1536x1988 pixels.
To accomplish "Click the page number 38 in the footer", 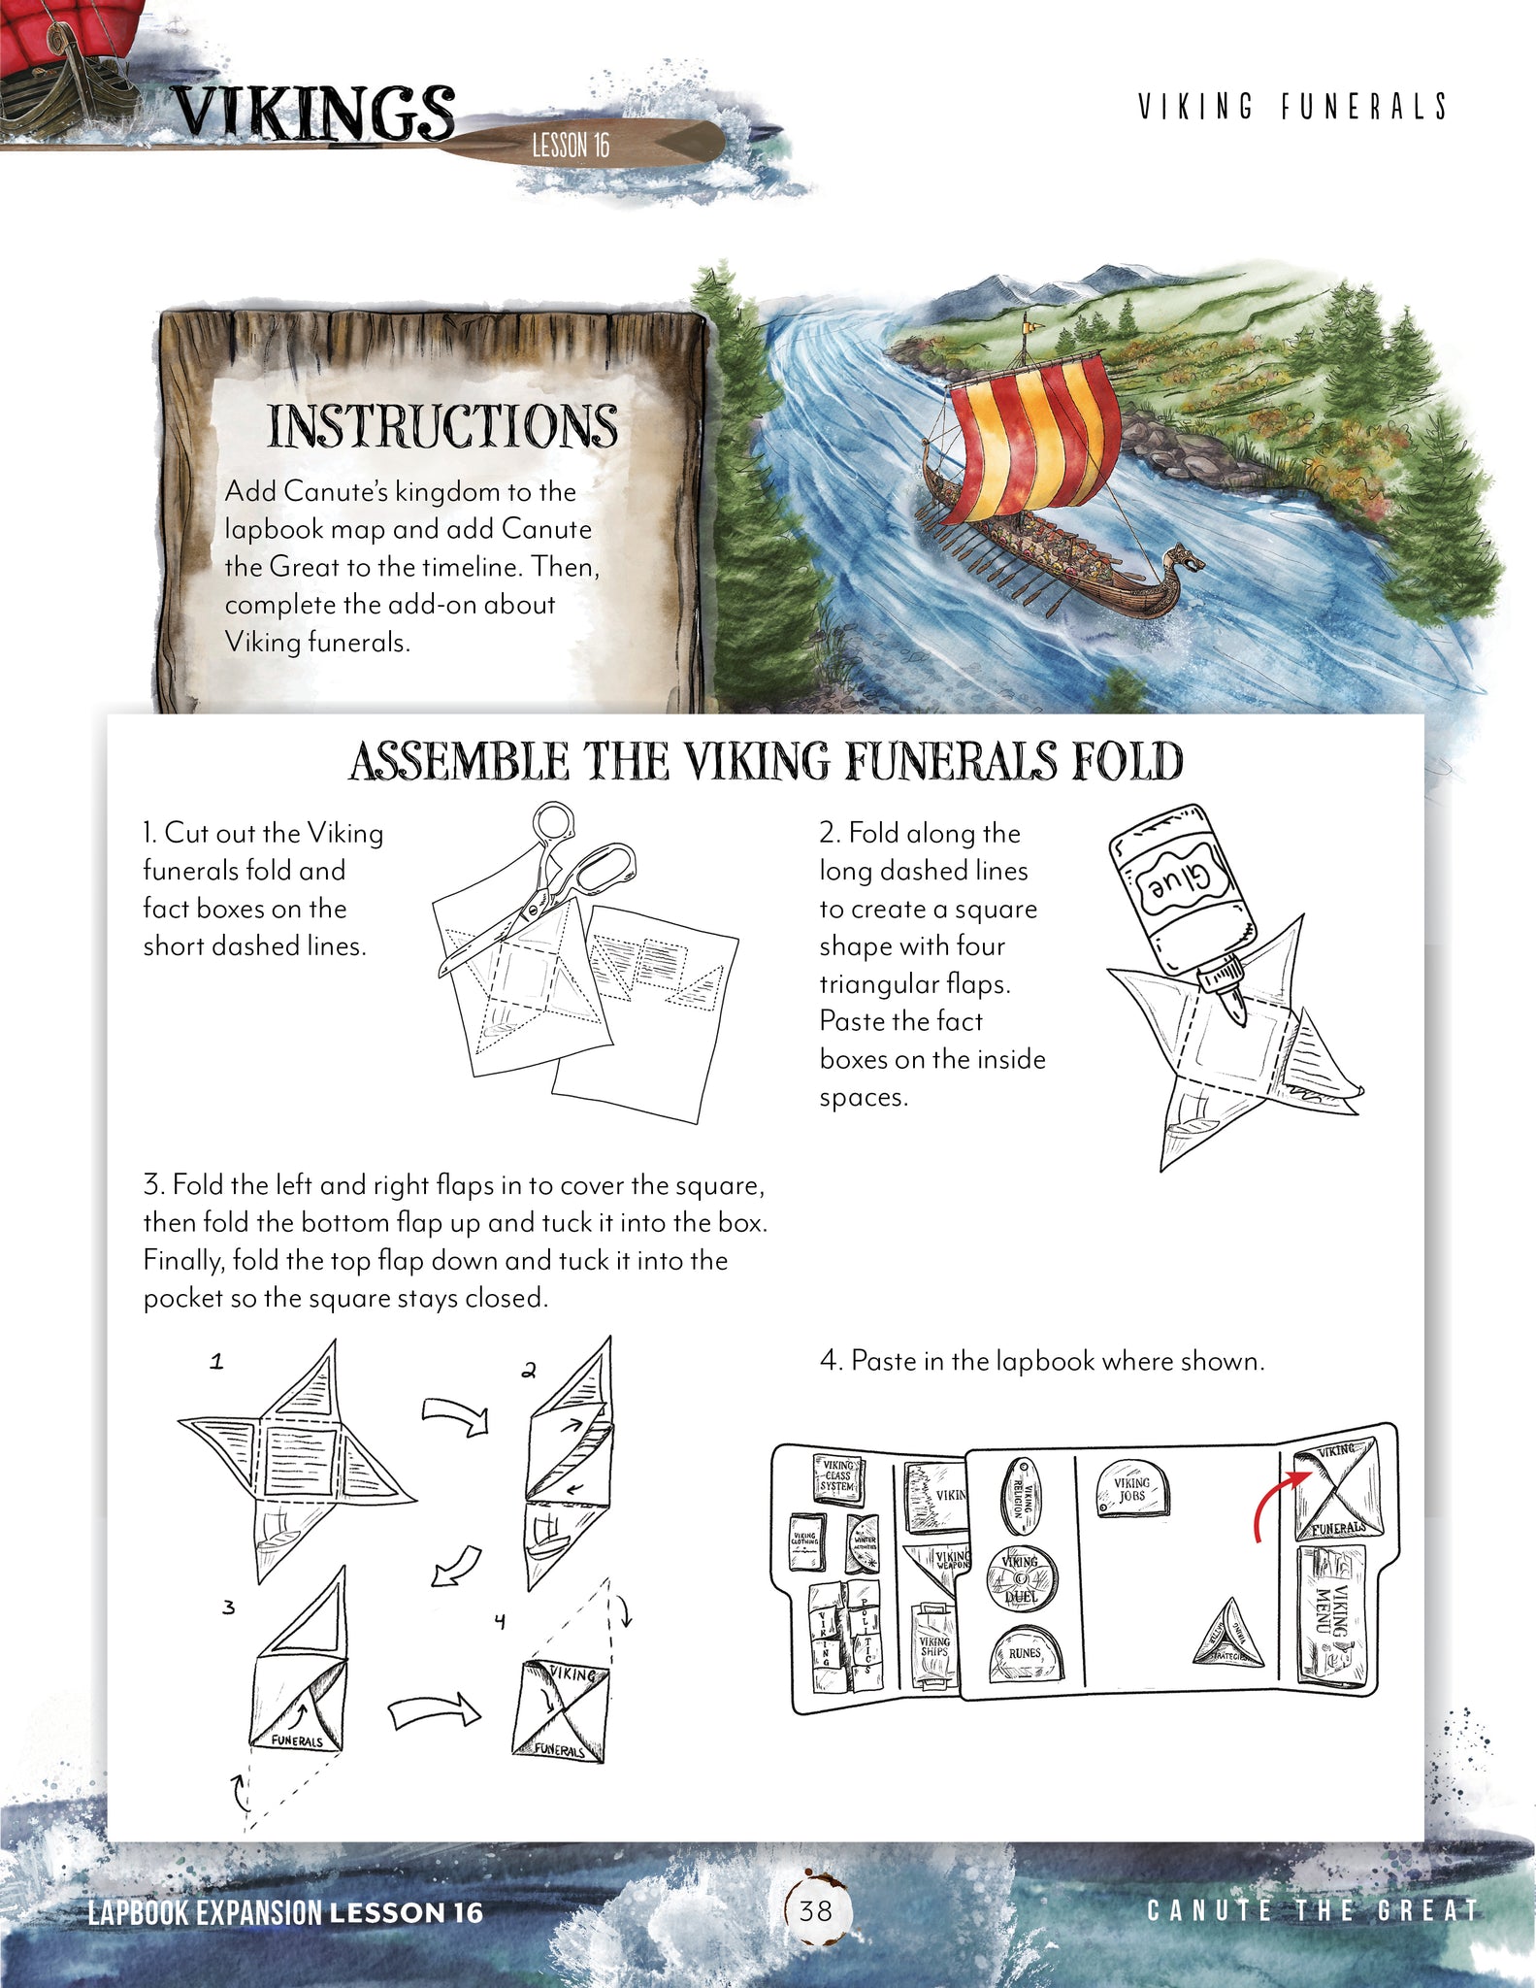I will click(x=815, y=1910).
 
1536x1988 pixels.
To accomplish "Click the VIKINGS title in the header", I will click(x=312, y=115).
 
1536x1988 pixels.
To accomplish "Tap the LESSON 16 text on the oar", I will click(x=571, y=146).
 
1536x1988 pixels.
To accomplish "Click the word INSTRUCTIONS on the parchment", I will click(x=442, y=426).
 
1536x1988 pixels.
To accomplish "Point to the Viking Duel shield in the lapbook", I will click(x=1022, y=1576).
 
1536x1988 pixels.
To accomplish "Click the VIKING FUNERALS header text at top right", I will click(x=1292, y=107).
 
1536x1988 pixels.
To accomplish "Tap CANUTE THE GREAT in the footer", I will click(x=1312, y=1910).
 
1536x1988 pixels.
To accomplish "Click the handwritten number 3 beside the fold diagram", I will click(x=228, y=1607).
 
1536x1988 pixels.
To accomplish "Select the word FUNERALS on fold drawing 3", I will click(x=297, y=1740).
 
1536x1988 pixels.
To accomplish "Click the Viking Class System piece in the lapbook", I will click(x=836, y=1475).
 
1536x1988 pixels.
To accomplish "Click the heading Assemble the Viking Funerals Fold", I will click(x=766, y=761).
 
